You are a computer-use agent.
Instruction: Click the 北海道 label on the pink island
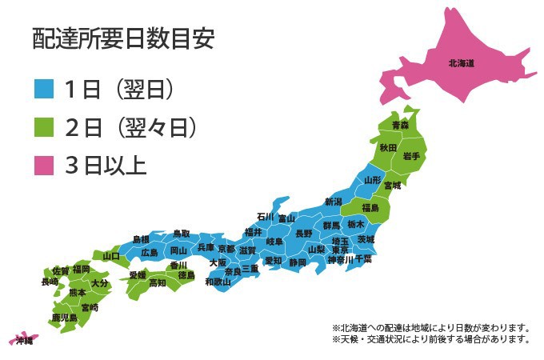point(462,62)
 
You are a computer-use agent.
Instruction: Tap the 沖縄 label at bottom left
point(25,342)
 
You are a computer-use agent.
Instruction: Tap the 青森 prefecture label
point(400,126)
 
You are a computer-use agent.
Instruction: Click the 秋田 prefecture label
point(388,148)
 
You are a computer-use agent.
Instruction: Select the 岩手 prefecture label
point(412,156)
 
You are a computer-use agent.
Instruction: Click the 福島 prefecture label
point(370,208)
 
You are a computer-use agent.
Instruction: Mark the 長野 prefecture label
point(304,234)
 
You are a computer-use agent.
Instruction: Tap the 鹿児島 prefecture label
point(64,318)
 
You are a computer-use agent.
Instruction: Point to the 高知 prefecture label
point(158,282)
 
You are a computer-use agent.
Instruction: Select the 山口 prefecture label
point(110,256)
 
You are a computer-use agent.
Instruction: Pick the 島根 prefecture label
point(141,239)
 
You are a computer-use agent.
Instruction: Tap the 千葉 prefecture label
point(363,260)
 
